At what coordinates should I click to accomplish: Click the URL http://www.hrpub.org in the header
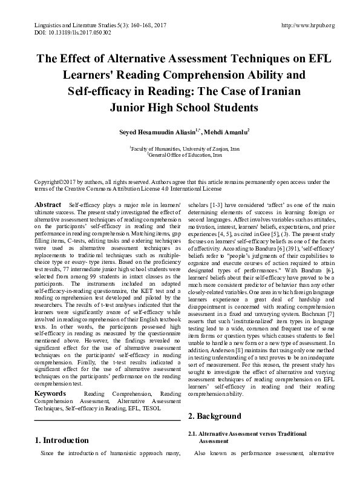(308, 25)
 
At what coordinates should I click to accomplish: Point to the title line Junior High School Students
(180, 108)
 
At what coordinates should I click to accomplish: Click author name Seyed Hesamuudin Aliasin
(161, 133)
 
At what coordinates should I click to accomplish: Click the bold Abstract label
(49, 206)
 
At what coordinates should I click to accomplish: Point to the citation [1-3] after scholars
(220, 206)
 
